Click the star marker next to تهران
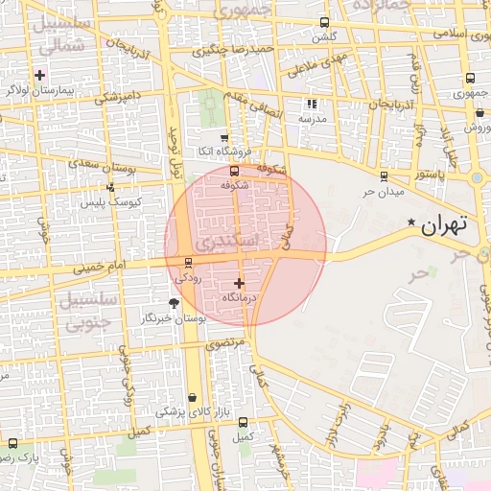(411, 223)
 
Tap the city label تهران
(444, 226)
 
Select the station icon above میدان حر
(385, 175)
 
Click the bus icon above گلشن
(324, 22)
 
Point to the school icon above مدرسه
(311, 104)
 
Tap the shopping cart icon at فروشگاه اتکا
(224, 138)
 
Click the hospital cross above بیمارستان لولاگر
(39, 75)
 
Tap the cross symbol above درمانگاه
(239, 283)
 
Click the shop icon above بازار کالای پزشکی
(193, 397)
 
